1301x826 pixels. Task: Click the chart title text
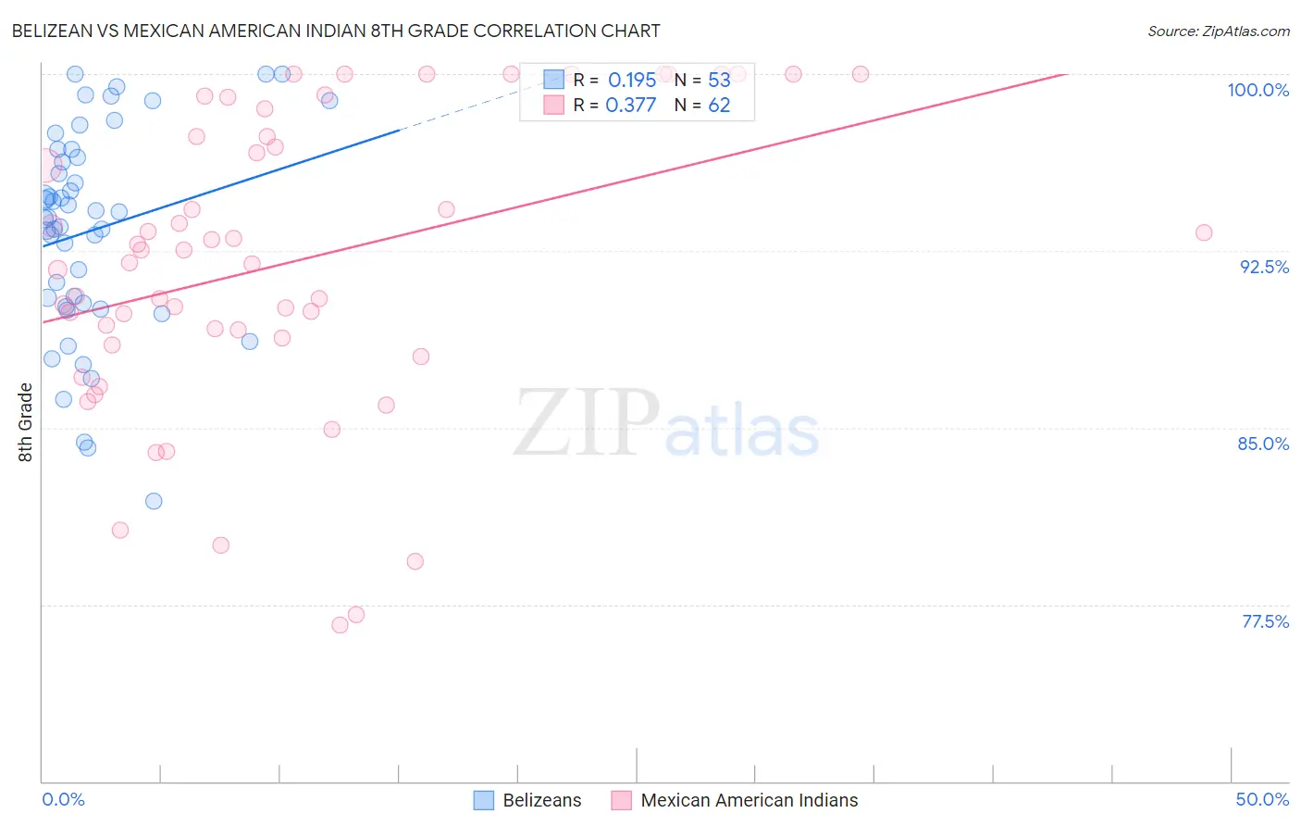(x=335, y=31)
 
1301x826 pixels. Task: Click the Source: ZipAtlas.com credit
(x=1218, y=31)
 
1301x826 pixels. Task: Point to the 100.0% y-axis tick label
(x=1258, y=90)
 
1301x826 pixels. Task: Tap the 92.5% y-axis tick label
(x=1264, y=267)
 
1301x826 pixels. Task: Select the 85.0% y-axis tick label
(x=1263, y=444)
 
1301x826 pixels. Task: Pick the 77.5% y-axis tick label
(x=1265, y=621)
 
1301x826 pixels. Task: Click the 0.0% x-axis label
(x=63, y=799)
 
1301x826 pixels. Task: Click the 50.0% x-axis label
(x=1262, y=799)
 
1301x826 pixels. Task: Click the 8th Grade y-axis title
(x=26, y=422)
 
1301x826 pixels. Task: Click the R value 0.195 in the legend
(x=632, y=80)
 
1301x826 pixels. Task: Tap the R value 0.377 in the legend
(x=631, y=106)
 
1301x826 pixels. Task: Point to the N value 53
(x=719, y=80)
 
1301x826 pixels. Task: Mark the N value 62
(x=719, y=106)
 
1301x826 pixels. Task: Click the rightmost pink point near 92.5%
(x=1203, y=232)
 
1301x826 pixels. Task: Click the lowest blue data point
(x=154, y=501)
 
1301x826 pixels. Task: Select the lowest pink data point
(x=340, y=625)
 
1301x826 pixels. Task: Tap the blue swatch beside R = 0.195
(x=553, y=80)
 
